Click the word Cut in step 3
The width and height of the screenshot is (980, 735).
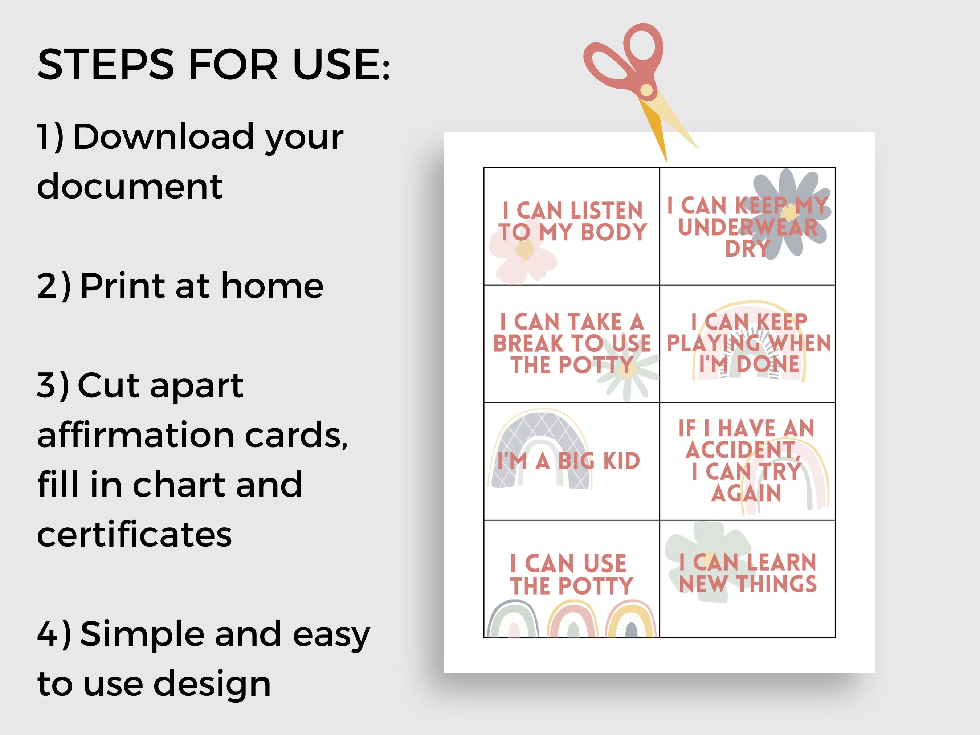(108, 385)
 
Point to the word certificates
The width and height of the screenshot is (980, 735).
(134, 534)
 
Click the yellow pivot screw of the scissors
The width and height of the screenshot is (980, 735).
(646, 90)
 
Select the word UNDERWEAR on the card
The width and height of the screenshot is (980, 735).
(748, 227)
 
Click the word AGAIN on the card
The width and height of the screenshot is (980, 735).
(746, 493)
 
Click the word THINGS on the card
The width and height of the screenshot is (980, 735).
(777, 584)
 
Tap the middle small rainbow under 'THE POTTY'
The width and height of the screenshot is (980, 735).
(572, 620)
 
